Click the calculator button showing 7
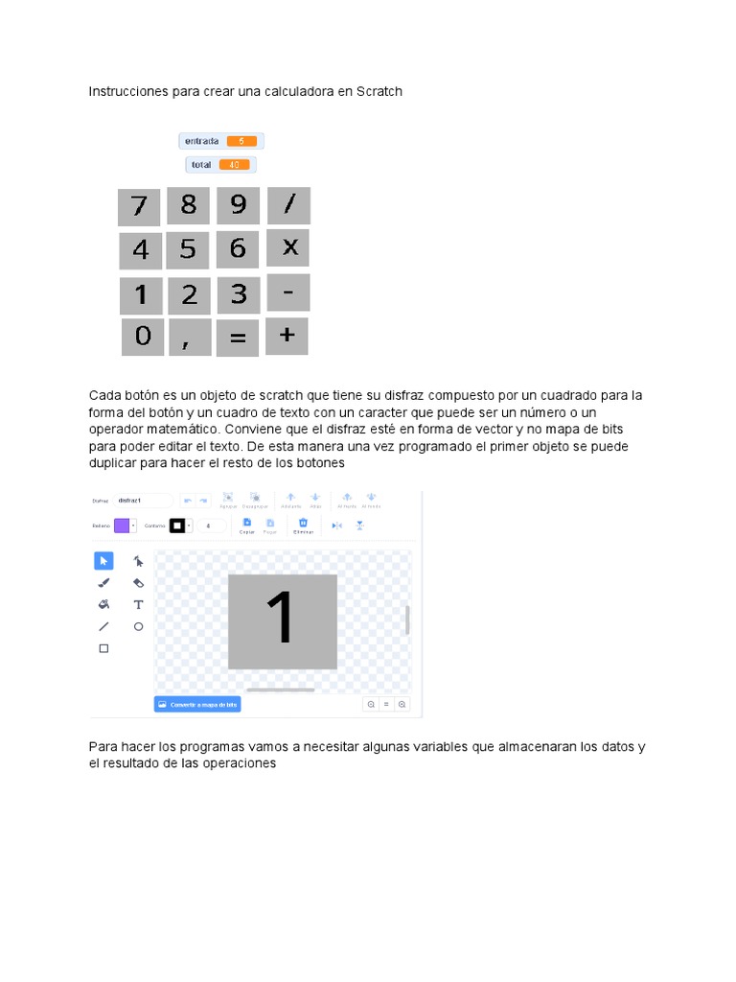[x=139, y=206]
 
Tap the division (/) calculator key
[x=288, y=205]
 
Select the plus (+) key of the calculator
[x=287, y=336]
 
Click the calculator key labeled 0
[x=142, y=337]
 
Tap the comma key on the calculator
[x=190, y=338]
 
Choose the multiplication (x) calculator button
[x=288, y=248]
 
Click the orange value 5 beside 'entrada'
[x=241, y=141]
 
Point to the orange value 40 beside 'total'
[x=234, y=165]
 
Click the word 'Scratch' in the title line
[x=379, y=91]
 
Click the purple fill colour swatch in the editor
[x=122, y=526]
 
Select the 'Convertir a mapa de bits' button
[x=197, y=704]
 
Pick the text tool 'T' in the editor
[x=138, y=604]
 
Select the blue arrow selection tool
[x=103, y=561]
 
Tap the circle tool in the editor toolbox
[x=138, y=626]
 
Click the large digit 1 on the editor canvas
[x=282, y=619]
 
